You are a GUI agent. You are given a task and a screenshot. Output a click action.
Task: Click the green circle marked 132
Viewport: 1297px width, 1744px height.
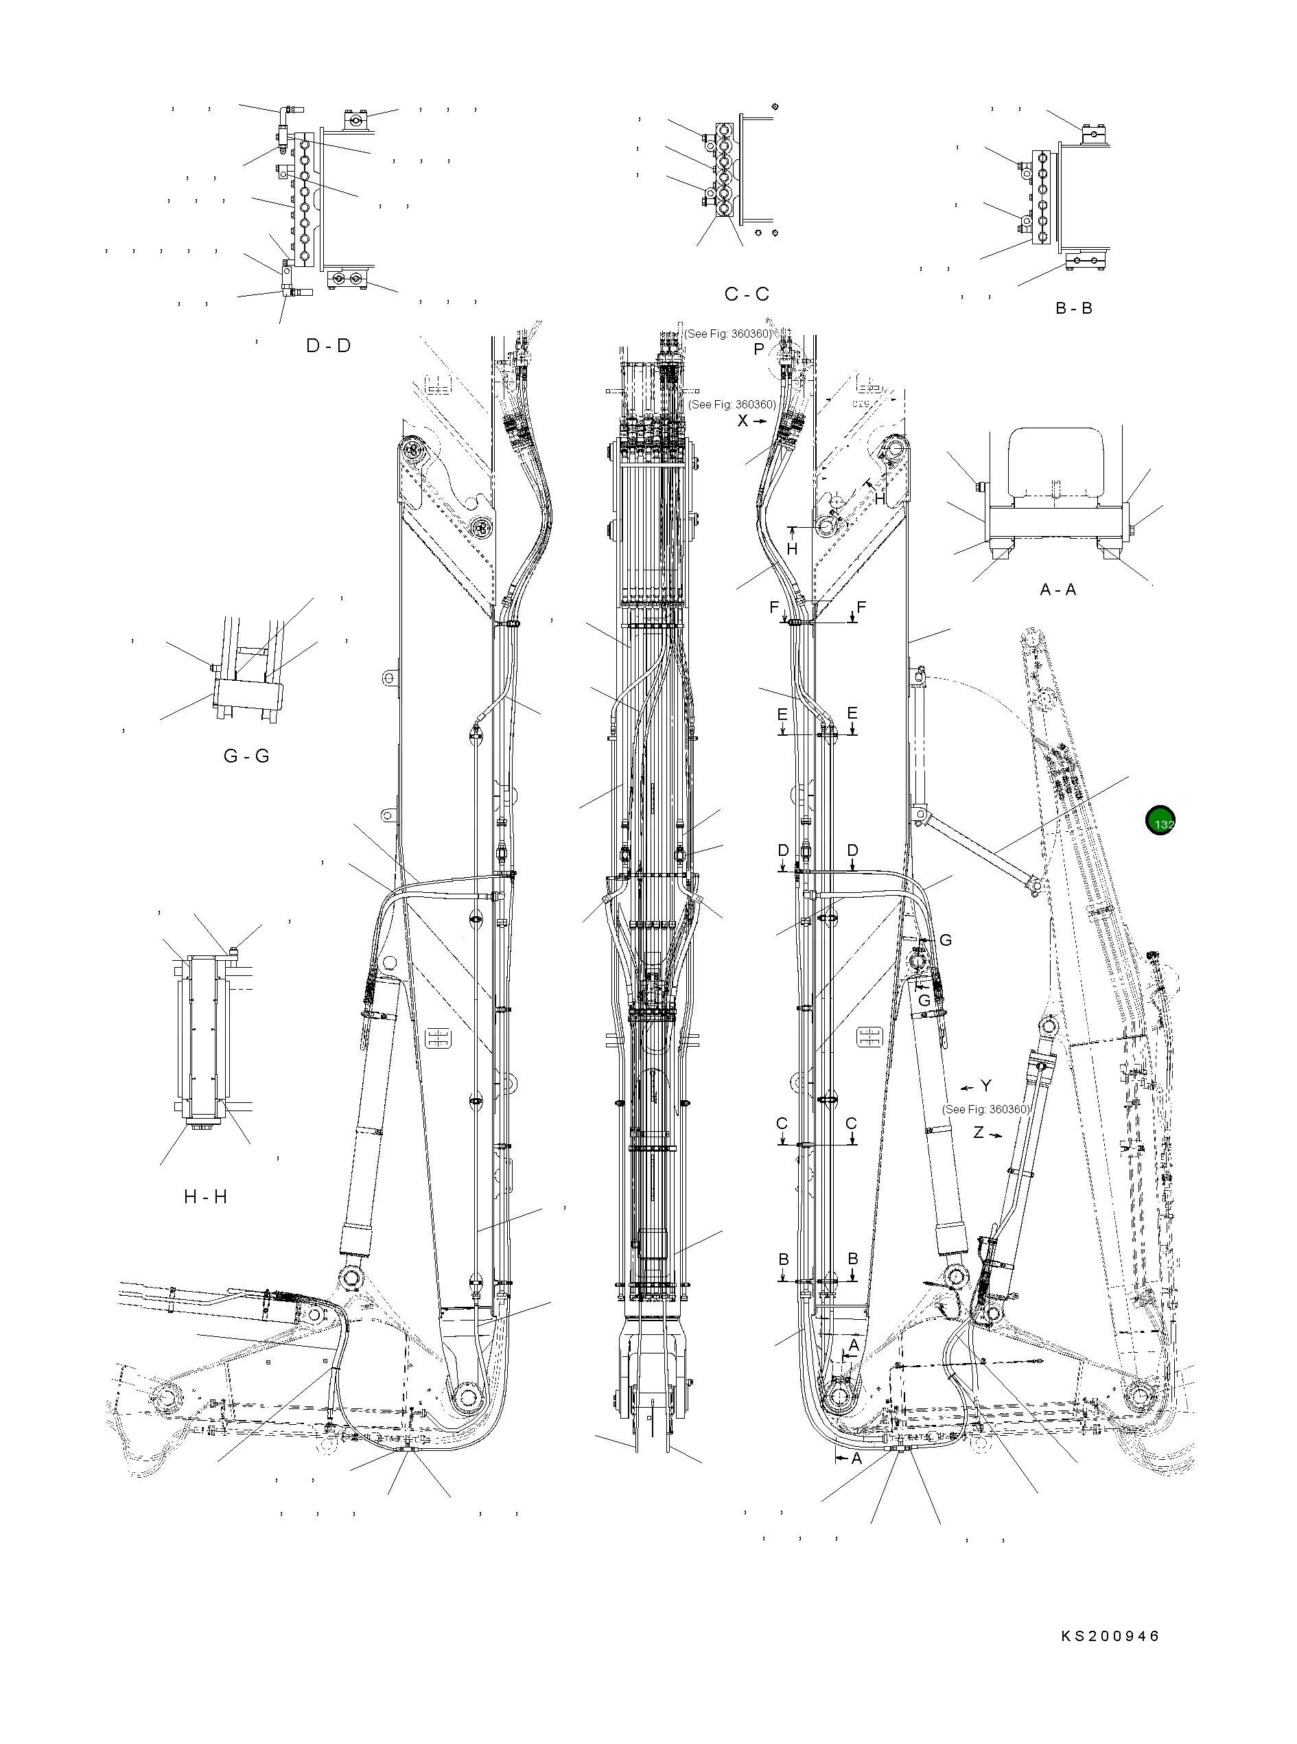pos(1160,821)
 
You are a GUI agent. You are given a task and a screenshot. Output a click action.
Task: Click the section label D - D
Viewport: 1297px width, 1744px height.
pos(328,345)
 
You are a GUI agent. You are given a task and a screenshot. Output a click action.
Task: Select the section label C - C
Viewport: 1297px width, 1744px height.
pos(747,294)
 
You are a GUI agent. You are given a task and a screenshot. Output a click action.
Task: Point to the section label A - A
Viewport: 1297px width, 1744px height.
pos(1058,590)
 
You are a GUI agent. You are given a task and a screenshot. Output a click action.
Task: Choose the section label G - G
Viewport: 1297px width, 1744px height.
pos(246,756)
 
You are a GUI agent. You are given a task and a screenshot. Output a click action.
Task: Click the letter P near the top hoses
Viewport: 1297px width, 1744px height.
pos(758,350)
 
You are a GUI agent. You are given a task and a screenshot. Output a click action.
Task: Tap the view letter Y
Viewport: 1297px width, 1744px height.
pos(985,1086)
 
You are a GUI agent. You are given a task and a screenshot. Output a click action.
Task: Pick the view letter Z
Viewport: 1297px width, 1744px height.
pos(979,1132)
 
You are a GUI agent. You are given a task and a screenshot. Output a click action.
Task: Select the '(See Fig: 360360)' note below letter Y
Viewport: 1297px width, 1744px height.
pos(985,1110)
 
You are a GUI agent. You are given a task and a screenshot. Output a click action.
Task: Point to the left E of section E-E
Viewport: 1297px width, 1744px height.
pos(782,714)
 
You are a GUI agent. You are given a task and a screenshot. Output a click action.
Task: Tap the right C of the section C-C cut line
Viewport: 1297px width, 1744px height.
pos(851,1124)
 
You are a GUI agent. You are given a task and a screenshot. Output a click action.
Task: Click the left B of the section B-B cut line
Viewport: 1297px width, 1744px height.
pos(784,1259)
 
